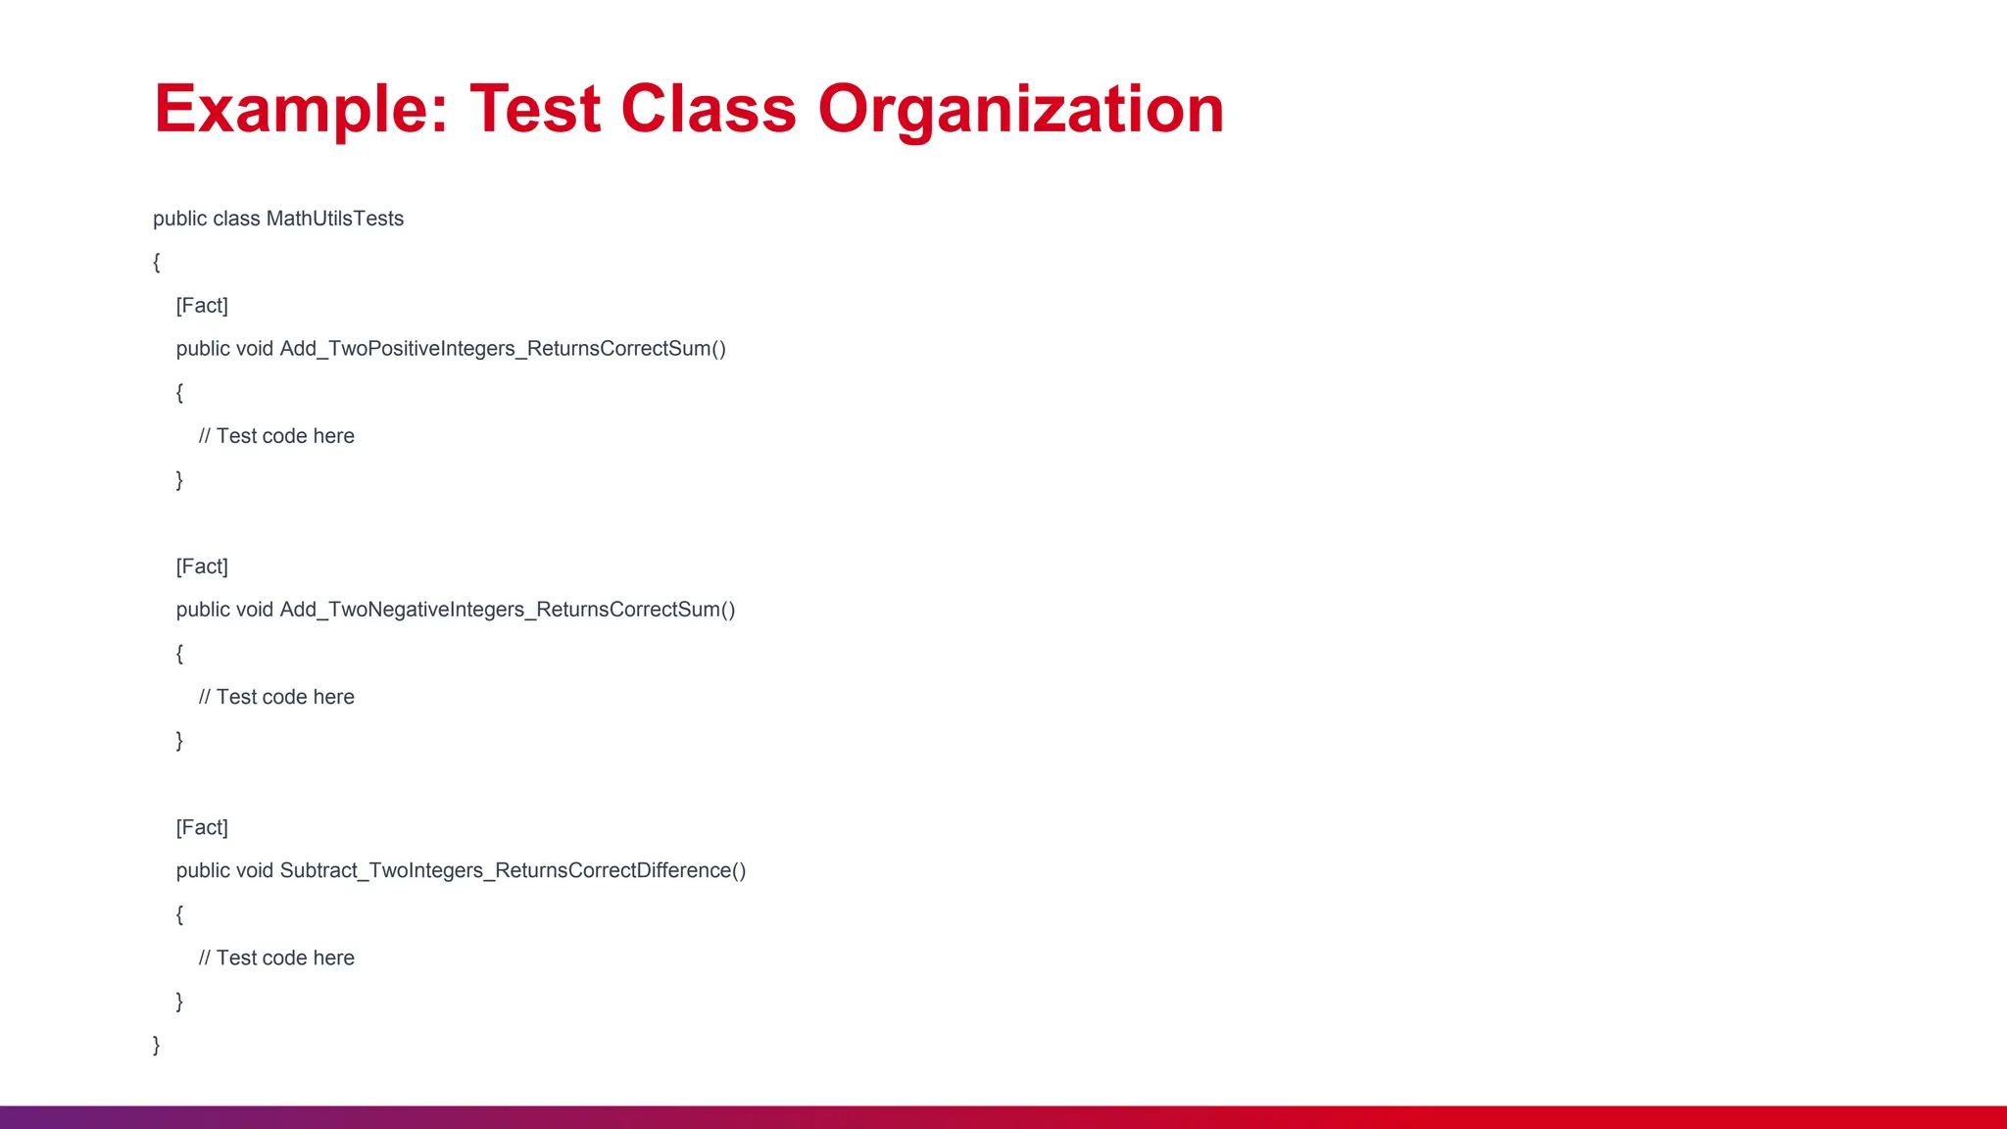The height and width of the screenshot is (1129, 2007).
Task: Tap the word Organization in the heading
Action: tap(1020, 109)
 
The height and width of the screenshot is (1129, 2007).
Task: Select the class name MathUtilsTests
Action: tap(334, 219)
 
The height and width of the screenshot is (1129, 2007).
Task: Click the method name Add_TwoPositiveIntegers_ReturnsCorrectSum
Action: tap(502, 349)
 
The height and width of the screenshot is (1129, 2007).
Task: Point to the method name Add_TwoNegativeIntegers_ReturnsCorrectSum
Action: tap(507, 610)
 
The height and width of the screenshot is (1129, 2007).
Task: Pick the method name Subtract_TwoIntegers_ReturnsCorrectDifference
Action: tap(512, 870)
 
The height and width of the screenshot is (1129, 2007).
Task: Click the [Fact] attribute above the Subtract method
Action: tap(202, 827)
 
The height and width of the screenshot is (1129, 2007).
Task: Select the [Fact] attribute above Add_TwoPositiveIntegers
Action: tap(202, 306)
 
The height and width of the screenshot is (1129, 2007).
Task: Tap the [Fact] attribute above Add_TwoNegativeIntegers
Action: tap(202, 566)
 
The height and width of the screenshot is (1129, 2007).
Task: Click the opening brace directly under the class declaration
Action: tap(157, 262)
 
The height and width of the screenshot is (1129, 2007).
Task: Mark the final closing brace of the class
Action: tap(157, 1045)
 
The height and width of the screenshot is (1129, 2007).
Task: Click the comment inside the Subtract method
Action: tap(276, 957)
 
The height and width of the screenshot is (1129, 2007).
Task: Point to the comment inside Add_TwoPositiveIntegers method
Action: tap(276, 436)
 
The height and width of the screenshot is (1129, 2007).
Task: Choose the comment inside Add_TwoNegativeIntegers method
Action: tap(276, 697)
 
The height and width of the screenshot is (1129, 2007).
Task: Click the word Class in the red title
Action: tap(709, 109)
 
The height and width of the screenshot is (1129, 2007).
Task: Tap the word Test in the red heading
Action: tap(535, 109)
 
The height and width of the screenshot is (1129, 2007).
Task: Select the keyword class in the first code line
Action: tap(236, 219)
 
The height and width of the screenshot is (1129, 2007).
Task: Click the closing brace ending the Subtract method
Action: tap(179, 1001)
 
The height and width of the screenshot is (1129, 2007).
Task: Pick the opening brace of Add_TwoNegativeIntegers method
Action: tap(179, 654)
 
